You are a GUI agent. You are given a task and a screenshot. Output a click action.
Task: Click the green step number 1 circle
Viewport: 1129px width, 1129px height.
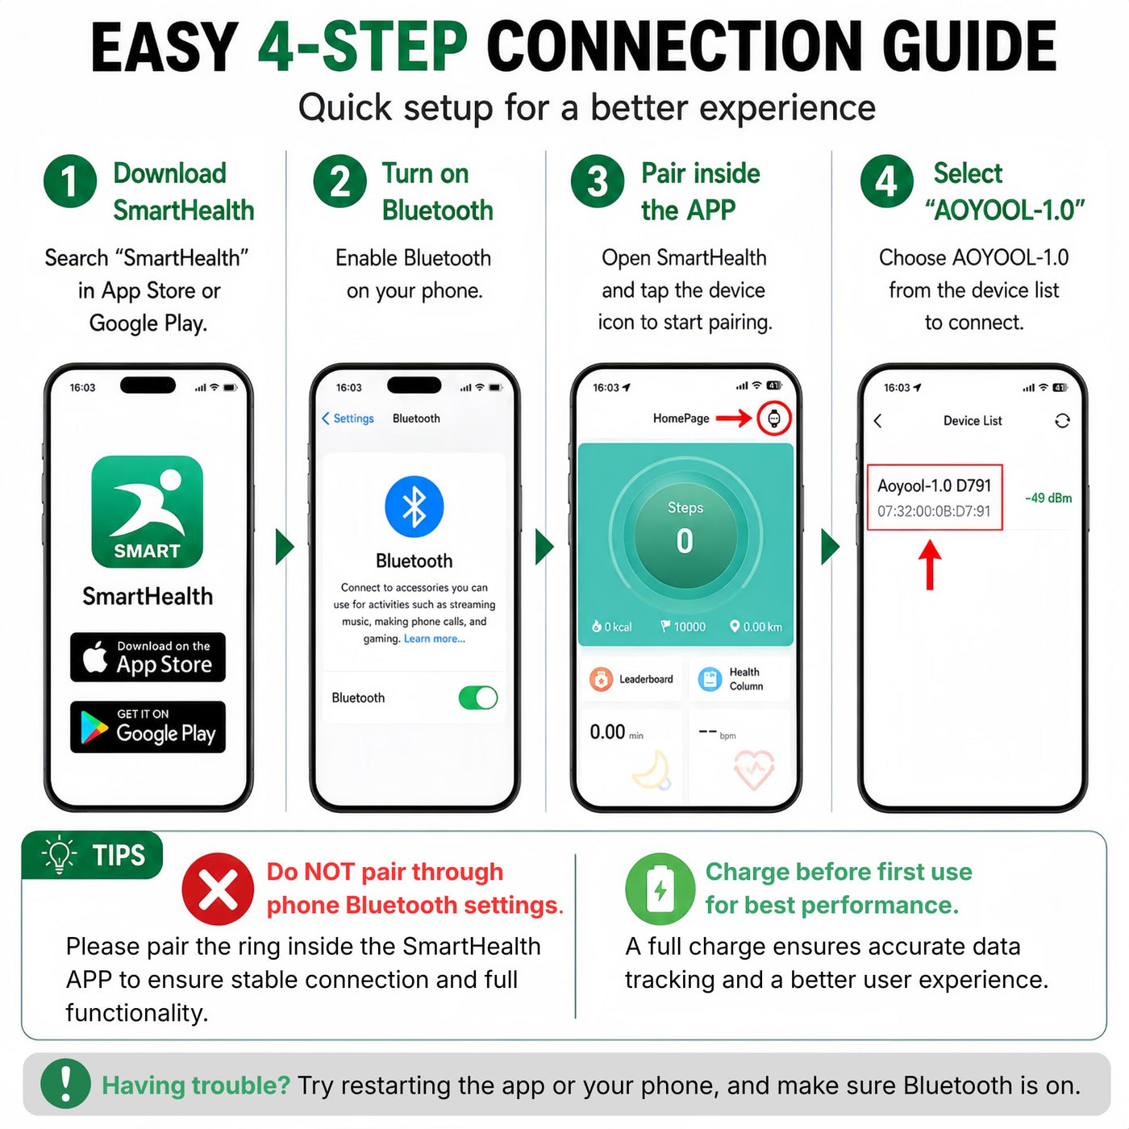69,181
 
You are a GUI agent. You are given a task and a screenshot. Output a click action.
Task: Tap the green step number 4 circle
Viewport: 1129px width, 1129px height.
886,181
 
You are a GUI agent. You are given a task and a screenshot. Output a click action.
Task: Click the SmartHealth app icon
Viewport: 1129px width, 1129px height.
147,511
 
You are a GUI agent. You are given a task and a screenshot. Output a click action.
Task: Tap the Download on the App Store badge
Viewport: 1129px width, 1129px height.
148,656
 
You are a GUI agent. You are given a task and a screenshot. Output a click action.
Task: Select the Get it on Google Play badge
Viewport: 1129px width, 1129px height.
148,727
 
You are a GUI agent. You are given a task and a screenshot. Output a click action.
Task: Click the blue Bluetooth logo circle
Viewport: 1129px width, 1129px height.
415,506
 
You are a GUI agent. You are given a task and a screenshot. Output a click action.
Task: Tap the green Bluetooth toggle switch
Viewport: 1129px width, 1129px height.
478,698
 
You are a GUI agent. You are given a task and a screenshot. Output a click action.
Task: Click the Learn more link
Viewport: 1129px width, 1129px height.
434,639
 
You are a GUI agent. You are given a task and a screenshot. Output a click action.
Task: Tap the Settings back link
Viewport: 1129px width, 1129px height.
348,419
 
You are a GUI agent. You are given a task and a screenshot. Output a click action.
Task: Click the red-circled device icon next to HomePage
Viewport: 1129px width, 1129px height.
774,419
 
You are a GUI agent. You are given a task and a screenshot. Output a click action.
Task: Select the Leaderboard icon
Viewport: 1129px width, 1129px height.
601,679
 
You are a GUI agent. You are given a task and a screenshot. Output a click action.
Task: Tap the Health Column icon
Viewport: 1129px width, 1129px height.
710,679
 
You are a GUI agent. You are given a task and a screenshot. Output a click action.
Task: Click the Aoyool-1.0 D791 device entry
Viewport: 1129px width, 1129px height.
935,498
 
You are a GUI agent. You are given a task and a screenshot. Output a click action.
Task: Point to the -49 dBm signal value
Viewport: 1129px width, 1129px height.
1048,498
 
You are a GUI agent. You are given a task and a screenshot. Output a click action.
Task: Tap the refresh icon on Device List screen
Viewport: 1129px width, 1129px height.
1062,421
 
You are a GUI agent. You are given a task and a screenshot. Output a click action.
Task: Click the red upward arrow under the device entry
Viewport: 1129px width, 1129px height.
930,564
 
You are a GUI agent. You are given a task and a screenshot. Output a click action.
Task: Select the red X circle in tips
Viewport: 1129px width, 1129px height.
218,889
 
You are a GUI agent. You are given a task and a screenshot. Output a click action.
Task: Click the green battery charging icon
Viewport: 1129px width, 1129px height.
660,889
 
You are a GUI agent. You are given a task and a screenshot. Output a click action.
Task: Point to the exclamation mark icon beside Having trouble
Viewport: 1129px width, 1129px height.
65,1083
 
